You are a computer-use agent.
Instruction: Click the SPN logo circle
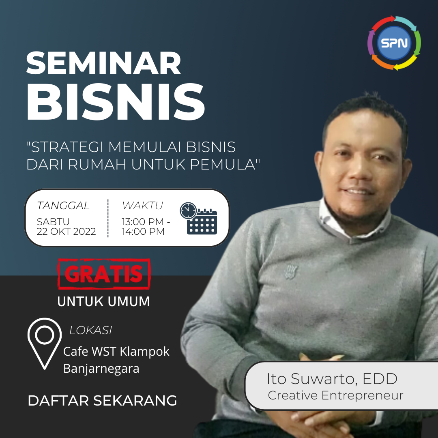tap(394, 43)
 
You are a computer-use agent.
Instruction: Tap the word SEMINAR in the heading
tap(104, 63)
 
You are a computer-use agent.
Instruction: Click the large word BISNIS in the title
tap(116, 102)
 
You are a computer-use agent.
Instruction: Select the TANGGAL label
tap(63, 206)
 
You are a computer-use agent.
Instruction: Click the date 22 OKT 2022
tap(66, 232)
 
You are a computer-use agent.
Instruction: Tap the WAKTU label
tap(142, 206)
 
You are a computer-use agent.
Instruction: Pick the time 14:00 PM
tap(143, 232)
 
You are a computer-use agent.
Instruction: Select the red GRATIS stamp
tap(104, 274)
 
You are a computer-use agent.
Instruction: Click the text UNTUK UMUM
tap(104, 302)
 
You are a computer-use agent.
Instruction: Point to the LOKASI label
tap(90, 331)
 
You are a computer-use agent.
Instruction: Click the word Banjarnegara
tap(101, 368)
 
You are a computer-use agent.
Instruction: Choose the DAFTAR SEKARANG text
tap(102, 401)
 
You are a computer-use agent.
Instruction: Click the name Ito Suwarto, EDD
tap(332, 379)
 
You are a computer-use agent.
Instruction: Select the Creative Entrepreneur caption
tap(335, 395)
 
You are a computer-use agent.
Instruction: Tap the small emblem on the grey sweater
tap(291, 272)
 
